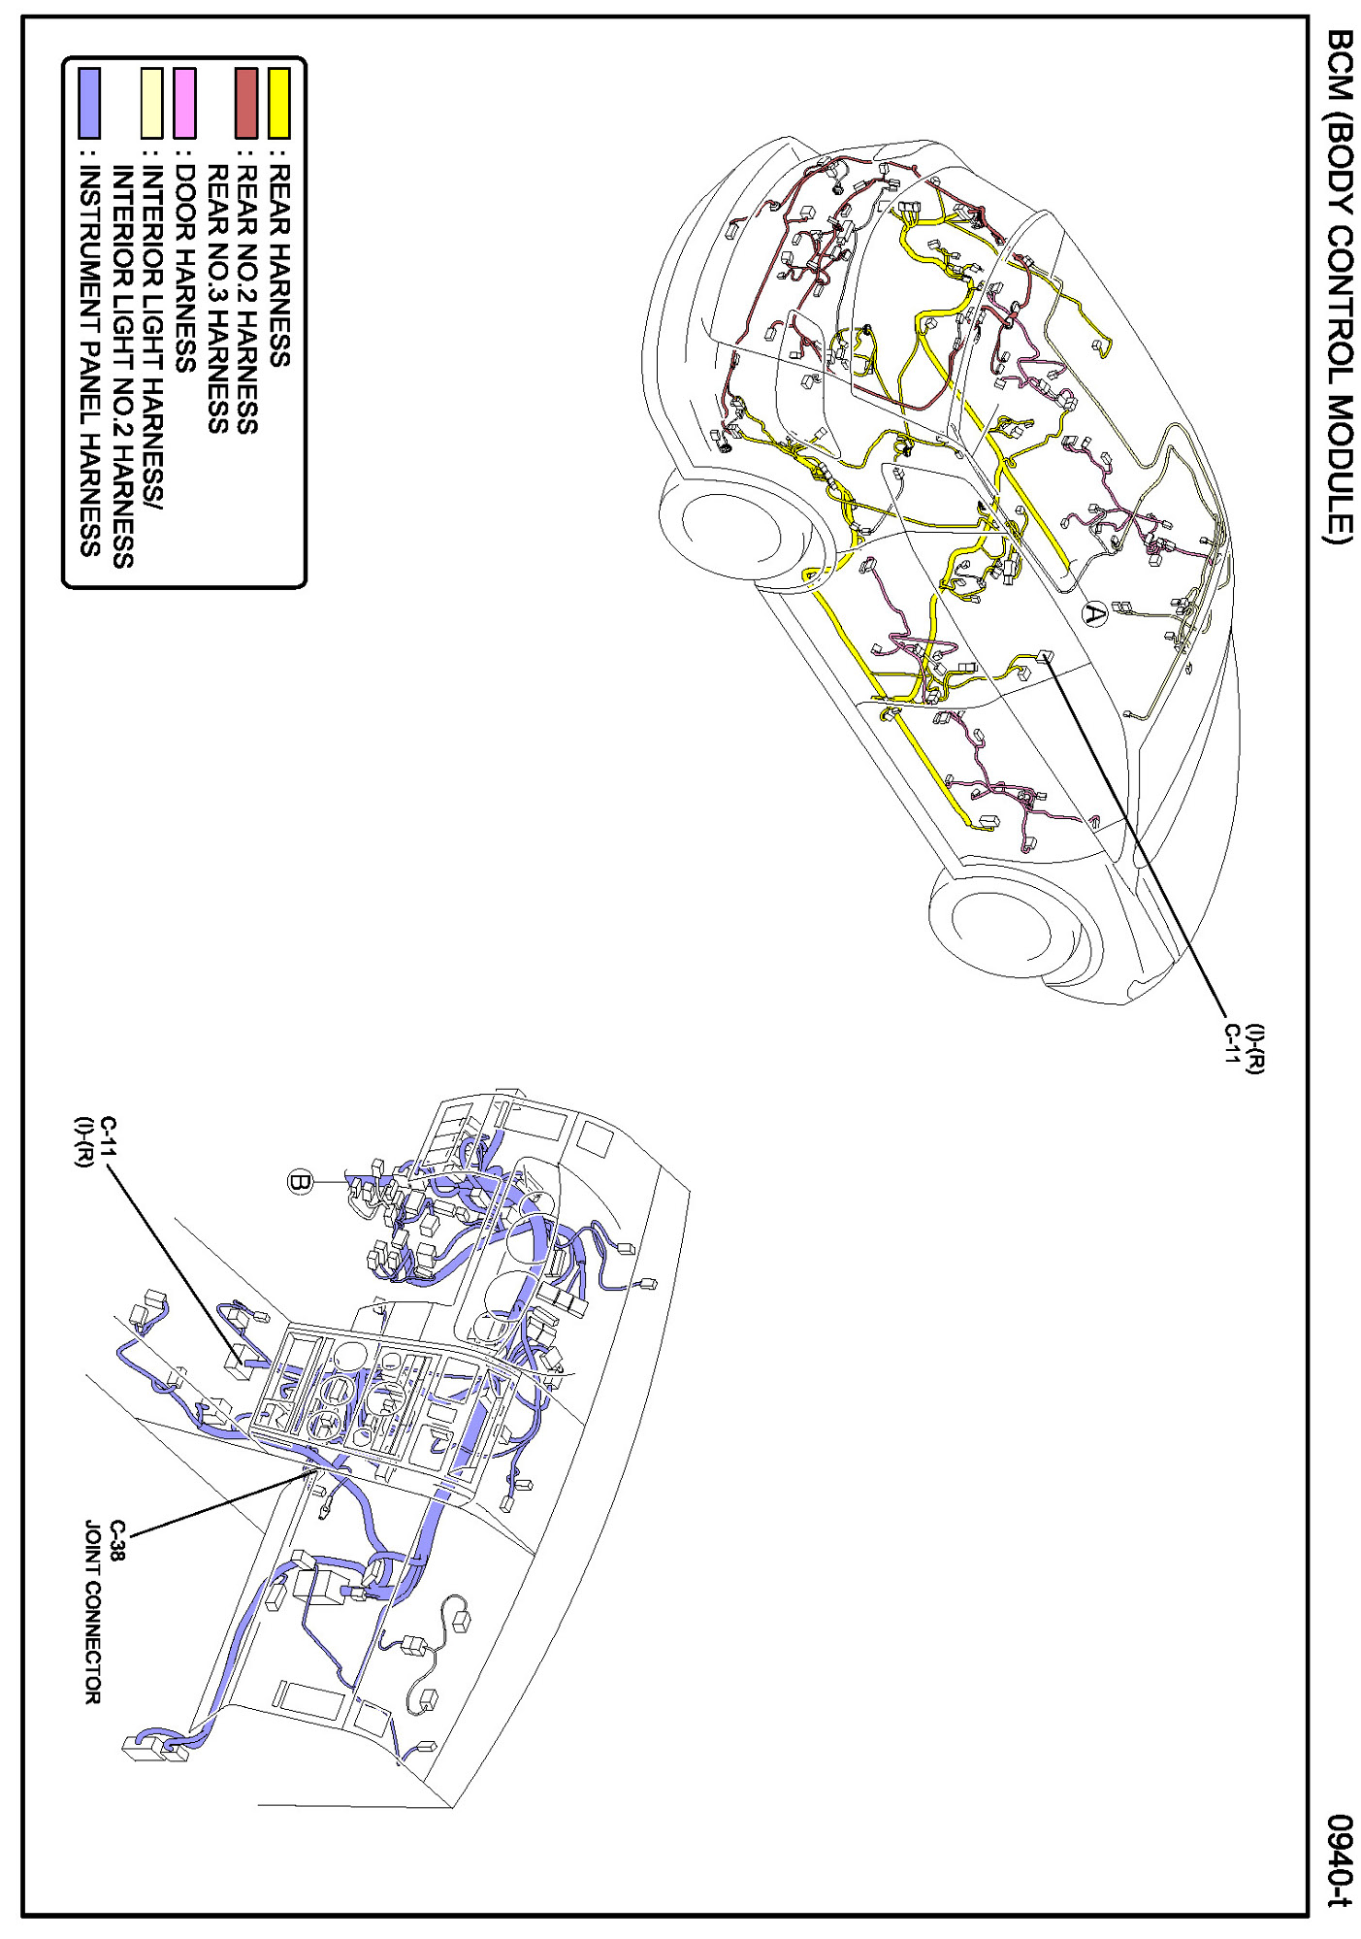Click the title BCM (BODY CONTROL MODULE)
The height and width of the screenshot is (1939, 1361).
point(1339,285)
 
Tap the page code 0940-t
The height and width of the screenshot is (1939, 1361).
point(1340,1859)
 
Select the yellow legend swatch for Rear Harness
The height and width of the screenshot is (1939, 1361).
point(279,102)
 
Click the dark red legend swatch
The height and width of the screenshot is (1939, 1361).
point(246,102)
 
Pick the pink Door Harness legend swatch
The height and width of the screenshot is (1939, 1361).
point(184,102)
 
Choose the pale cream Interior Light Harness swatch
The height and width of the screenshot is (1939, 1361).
point(152,102)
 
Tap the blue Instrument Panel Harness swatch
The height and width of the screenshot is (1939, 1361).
point(89,102)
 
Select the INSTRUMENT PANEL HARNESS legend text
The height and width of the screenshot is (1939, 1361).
point(89,360)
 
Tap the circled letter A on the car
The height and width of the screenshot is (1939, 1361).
point(1094,613)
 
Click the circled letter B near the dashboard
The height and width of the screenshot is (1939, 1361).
point(301,1181)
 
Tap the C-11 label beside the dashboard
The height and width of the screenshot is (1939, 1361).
point(107,1134)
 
